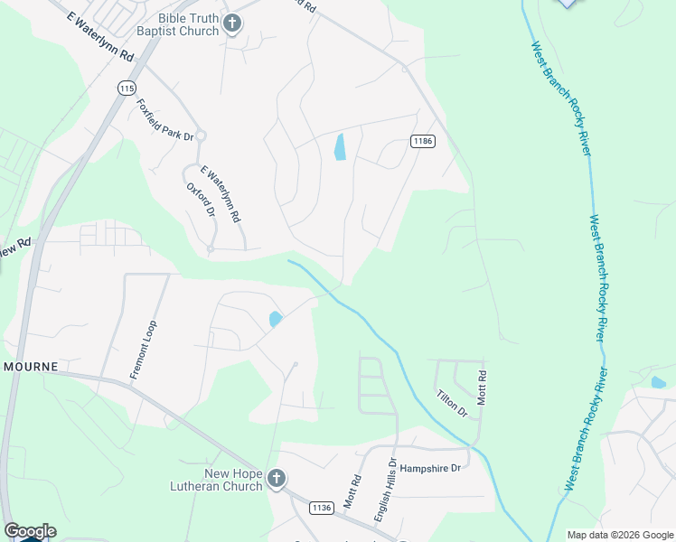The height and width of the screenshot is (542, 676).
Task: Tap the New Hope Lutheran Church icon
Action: click(277, 479)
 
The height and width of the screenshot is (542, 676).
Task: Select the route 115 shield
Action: click(127, 88)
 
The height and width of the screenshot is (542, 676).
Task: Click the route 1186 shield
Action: click(422, 141)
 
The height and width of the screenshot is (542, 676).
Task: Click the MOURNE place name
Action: click(31, 367)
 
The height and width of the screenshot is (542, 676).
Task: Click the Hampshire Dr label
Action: click(431, 468)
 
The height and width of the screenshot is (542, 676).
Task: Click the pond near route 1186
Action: click(340, 147)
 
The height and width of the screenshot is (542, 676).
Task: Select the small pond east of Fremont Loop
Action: click(275, 319)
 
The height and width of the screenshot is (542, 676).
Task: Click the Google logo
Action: click(30, 531)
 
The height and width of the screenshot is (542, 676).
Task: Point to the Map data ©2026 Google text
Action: click(620, 535)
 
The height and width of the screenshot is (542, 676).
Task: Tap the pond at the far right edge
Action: click(658, 382)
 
